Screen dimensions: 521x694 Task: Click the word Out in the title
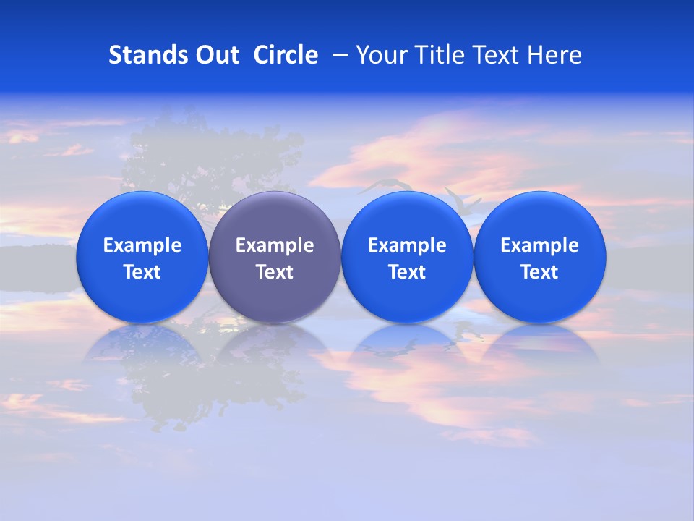[216, 55]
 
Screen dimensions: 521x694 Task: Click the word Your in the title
[379, 55]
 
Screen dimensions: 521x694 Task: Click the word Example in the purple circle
[275, 245]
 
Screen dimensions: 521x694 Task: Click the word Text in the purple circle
[275, 272]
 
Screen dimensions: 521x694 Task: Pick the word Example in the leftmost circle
[142, 245]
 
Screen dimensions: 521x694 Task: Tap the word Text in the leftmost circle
[142, 272]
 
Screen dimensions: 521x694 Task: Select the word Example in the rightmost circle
[540, 245]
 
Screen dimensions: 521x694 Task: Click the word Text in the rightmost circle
[540, 272]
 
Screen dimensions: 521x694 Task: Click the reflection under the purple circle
[275, 347]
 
